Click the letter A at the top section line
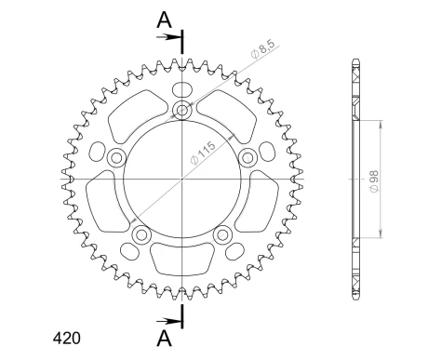[164, 19]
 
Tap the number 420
[67, 339]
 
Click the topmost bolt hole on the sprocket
[181, 112]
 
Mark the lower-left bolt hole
[140, 235]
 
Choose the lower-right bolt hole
[222, 235]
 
